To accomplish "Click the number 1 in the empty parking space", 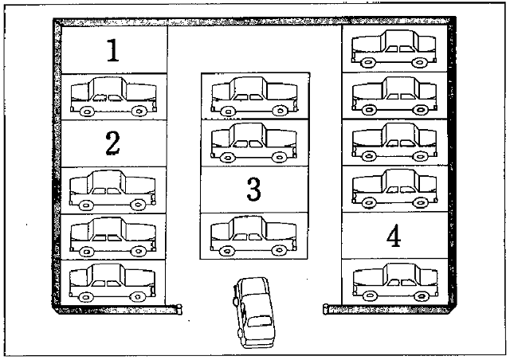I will tap(113, 51).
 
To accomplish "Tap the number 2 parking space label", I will tap(112, 143).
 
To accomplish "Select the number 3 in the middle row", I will tap(253, 190).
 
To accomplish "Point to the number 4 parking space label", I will tap(392, 237).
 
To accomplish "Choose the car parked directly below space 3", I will tap(251, 236).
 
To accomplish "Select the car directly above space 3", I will tap(253, 143).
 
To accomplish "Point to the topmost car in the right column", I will tap(394, 49).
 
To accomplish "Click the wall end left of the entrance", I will tap(178, 307).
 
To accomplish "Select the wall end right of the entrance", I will tap(328, 307).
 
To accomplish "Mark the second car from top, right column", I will tap(394, 96).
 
